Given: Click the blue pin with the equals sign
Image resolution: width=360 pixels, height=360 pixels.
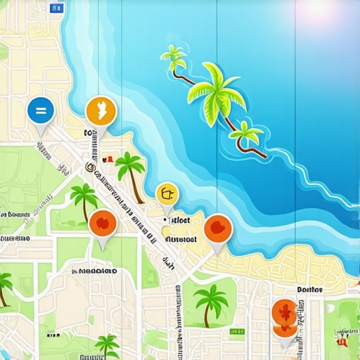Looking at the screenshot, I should (41, 110).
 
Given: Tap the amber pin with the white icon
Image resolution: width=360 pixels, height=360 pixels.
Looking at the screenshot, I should (100, 111).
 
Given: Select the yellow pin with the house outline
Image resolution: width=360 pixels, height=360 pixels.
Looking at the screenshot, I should (167, 193).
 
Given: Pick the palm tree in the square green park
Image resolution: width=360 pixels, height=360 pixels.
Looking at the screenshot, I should (210, 300).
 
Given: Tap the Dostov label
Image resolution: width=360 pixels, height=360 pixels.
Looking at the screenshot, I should (309, 289).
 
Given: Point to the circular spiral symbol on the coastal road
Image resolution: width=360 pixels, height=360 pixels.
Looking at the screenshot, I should (89, 167).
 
